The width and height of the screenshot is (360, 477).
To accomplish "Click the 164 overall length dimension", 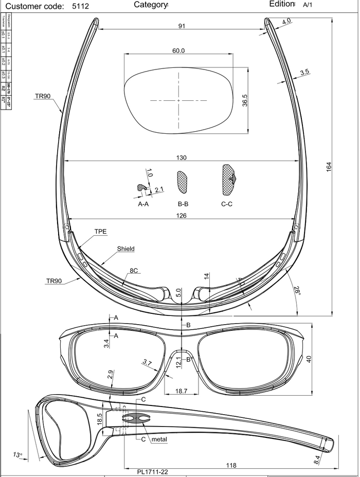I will coord(329,167).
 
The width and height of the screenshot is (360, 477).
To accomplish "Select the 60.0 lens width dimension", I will coord(178,51).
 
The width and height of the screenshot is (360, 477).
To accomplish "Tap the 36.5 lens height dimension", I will coord(245,100).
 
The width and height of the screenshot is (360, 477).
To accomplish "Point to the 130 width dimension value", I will coord(181,158).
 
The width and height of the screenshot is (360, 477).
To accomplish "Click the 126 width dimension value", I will coord(181,216).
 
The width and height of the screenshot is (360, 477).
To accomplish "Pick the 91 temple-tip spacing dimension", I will coord(182,27).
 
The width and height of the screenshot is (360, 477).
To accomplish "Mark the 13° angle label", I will coord(18,455).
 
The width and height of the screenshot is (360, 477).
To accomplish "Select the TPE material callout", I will coord(100,232).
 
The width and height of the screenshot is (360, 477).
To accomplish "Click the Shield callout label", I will coord(125,249).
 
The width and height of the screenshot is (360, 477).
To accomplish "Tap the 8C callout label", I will coord(133,270).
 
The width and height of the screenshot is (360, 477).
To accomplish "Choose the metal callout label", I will coord(160,439).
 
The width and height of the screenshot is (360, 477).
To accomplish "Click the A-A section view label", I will coord(143,204).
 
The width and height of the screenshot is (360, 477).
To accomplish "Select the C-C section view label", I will coord(227,204).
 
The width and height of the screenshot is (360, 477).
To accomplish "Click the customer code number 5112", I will coord(81,7).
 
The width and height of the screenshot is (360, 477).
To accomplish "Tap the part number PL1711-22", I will coord(153,471).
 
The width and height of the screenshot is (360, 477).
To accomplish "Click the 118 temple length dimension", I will coord(231,465).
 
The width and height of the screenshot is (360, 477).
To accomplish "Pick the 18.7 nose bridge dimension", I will coord(181,391).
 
